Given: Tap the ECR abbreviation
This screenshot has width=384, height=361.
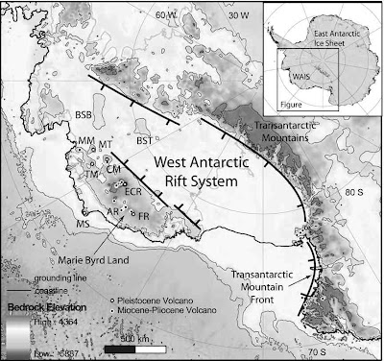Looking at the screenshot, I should pyautogui.click(x=132, y=192).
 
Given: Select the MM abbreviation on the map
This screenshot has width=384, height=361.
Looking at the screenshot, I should pyautogui.click(x=85, y=141).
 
